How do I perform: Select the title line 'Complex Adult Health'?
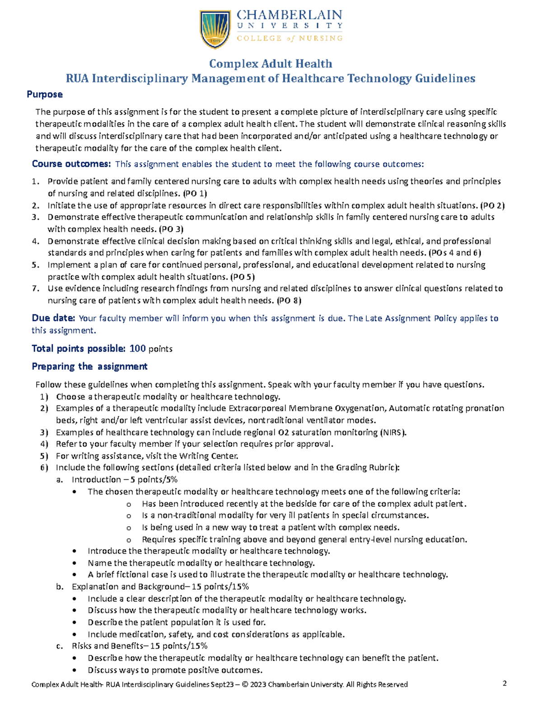271,64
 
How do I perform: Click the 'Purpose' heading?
44,94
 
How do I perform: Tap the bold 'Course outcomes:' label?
71,164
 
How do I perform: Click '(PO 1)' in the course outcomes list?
195,193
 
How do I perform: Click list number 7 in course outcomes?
36,288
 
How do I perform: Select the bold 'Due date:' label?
53,318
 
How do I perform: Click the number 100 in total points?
137,348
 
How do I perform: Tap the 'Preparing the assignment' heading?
89,367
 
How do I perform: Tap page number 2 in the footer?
505,683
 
